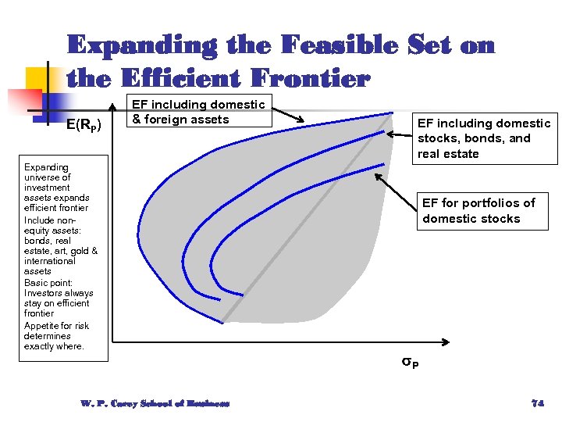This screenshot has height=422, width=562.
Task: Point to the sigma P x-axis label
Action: (410, 362)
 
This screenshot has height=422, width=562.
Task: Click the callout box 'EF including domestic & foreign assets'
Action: (198, 112)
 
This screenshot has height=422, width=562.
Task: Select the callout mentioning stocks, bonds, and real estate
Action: (484, 138)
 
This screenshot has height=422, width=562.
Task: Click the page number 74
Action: (537, 403)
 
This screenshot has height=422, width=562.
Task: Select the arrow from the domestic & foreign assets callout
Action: (288, 114)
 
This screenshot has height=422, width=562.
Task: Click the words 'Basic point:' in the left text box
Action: (48, 283)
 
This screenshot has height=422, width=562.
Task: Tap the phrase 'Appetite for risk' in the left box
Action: (56, 326)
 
